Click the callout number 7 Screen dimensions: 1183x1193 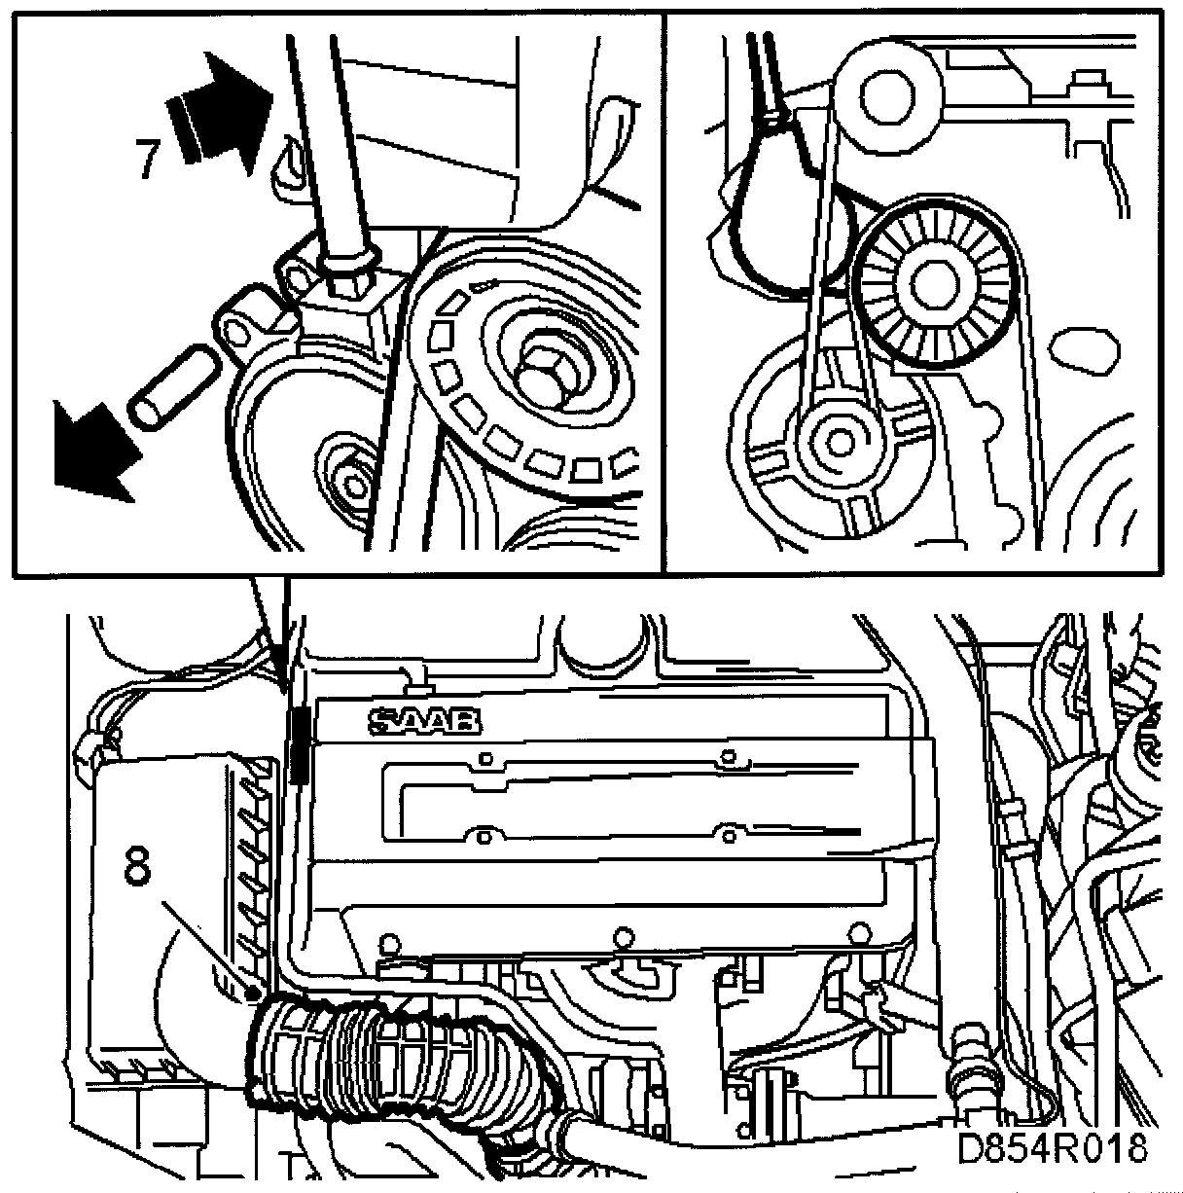click(148, 158)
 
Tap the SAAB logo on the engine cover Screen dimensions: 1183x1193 click(425, 721)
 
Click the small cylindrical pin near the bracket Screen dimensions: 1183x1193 click(173, 385)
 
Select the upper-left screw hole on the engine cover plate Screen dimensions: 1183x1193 click(486, 758)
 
